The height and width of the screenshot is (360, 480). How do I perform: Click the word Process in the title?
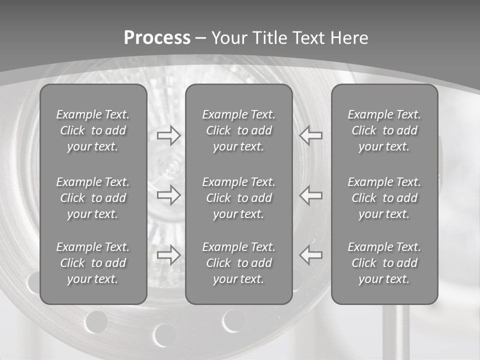click(157, 37)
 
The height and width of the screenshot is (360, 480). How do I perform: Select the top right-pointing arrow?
click(168, 135)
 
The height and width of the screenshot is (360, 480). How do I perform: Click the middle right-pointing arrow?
click(168, 195)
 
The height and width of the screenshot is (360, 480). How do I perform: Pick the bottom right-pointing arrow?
click(168, 255)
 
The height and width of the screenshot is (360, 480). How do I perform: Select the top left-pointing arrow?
click(311, 135)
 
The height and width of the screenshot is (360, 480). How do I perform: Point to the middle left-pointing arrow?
click(311, 195)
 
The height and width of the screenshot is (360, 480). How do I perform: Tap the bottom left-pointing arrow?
click(311, 255)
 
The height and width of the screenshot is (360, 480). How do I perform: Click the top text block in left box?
click(93, 130)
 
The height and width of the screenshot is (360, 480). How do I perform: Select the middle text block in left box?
click(93, 198)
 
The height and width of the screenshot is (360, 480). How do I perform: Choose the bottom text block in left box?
click(93, 263)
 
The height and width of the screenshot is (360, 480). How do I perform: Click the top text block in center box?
click(238, 130)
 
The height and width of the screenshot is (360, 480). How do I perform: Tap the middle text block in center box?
click(238, 198)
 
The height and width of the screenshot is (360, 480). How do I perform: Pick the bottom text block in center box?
click(238, 263)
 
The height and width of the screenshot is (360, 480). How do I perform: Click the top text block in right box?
click(384, 130)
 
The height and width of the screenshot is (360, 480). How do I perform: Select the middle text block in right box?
click(384, 198)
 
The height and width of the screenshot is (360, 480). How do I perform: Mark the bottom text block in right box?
click(384, 263)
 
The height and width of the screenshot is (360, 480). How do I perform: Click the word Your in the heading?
click(229, 37)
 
